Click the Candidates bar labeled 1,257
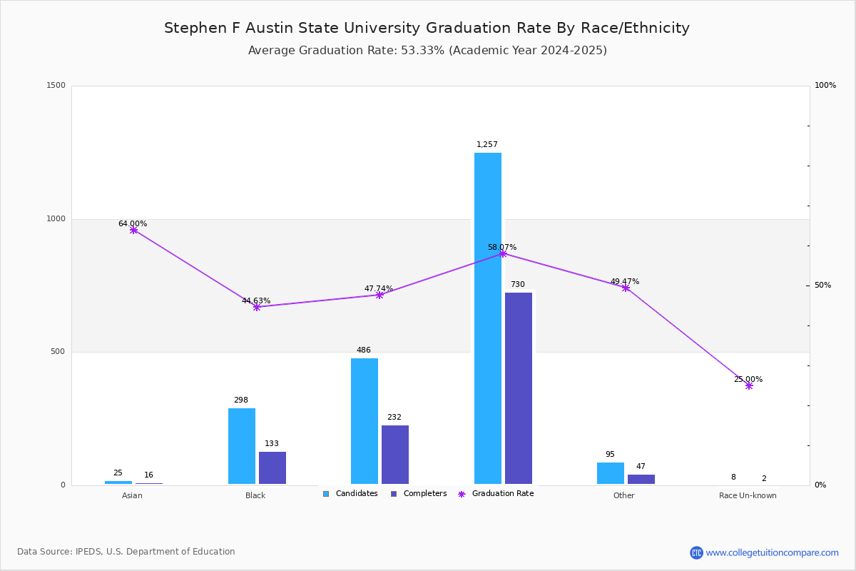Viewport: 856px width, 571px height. click(488, 318)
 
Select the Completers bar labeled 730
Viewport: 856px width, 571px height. click(519, 388)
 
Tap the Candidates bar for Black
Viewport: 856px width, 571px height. click(242, 446)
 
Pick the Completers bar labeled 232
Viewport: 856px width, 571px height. click(395, 455)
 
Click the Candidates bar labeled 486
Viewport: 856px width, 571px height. click(365, 421)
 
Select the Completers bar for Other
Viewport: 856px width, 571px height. click(641, 479)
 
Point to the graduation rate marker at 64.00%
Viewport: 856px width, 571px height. click(133, 230)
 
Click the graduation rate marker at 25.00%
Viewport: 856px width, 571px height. click(749, 385)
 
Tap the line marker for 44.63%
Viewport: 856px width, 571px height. click(257, 307)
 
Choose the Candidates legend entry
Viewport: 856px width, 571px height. click(350, 494)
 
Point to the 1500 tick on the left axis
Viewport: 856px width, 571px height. click(56, 86)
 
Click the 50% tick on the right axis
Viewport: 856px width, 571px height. click(822, 285)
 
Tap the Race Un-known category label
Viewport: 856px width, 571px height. click(748, 495)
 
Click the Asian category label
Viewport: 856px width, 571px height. click(132, 495)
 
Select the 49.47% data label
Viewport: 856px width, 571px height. click(625, 281)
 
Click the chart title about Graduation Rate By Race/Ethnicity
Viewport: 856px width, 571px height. click(427, 28)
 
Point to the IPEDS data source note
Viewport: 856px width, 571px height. click(126, 552)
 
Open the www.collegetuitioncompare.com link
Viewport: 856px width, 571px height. click(772, 552)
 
